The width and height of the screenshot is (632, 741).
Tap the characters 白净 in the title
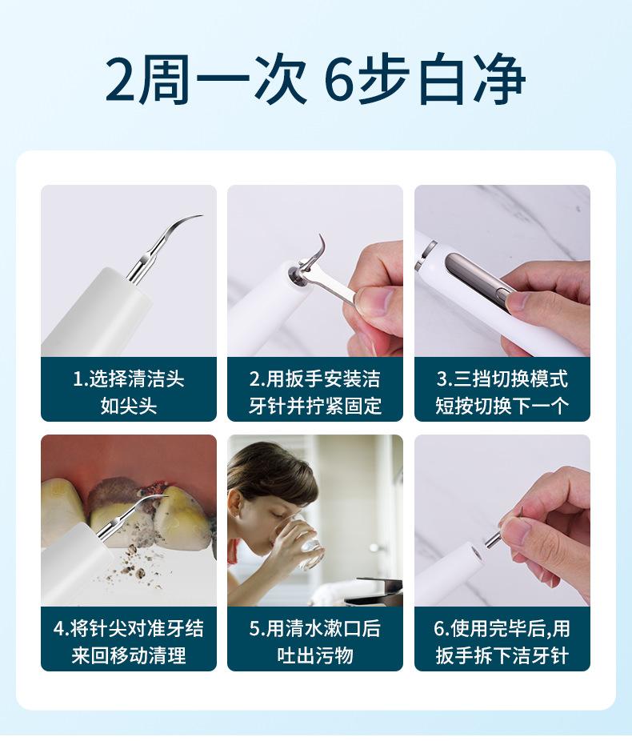472,78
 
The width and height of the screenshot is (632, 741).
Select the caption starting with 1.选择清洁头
129,392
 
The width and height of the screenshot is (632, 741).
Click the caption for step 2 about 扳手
315,392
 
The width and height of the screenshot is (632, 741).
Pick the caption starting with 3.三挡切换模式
502,392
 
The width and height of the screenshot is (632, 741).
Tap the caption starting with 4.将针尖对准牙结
129,641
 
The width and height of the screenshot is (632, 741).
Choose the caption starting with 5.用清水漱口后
315,641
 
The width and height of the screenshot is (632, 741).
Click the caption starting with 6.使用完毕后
502,641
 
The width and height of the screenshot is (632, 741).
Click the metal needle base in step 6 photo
494,539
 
